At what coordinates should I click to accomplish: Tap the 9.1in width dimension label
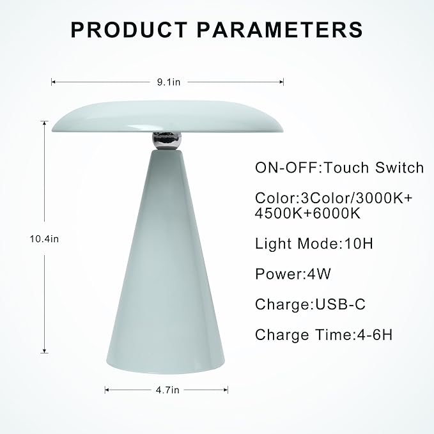pyautogui.click(x=167, y=82)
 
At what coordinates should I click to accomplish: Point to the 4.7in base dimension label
pyautogui.click(x=167, y=389)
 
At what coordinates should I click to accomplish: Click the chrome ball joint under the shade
pyautogui.click(x=166, y=139)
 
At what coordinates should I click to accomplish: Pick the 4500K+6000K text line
pyautogui.click(x=307, y=213)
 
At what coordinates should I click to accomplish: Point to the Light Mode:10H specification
pyautogui.click(x=309, y=244)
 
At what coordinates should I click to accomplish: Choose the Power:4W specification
pyautogui.click(x=284, y=274)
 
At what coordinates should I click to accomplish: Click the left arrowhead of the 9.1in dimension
pyautogui.click(x=53, y=82)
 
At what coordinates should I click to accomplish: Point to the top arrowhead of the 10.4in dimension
pyautogui.click(x=45, y=123)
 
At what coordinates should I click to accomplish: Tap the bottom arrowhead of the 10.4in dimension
pyautogui.click(x=45, y=351)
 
